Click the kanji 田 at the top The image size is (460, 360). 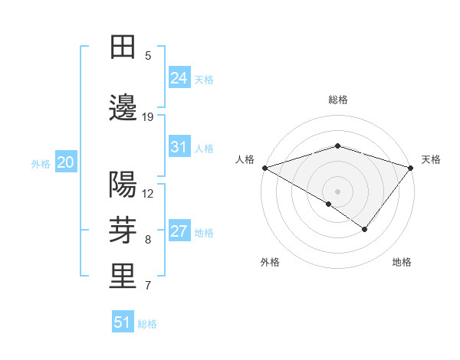(123, 47)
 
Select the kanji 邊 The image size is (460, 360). (123, 110)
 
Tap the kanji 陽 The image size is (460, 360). (123, 185)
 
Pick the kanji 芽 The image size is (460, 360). (123, 231)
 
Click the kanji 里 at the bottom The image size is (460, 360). (123, 277)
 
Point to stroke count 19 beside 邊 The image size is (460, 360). (148, 117)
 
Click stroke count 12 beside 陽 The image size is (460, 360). (148, 193)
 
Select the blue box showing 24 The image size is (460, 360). (179, 77)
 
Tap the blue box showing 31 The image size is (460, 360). (179, 146)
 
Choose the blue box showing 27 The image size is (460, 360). (179, 231)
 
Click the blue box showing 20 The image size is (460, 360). (65, 162)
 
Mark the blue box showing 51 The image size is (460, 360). (123, 322)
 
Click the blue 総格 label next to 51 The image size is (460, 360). (147, 324)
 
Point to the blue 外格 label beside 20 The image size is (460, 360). (41, 164)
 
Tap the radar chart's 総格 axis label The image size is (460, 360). (338, 100)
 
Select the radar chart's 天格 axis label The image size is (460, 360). (431, 159)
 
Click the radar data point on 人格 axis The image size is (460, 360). (264, 168)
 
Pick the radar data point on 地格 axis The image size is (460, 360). (365, 228)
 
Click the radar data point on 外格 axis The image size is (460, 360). (329, 204)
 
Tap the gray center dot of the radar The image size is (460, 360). (338, 191)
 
